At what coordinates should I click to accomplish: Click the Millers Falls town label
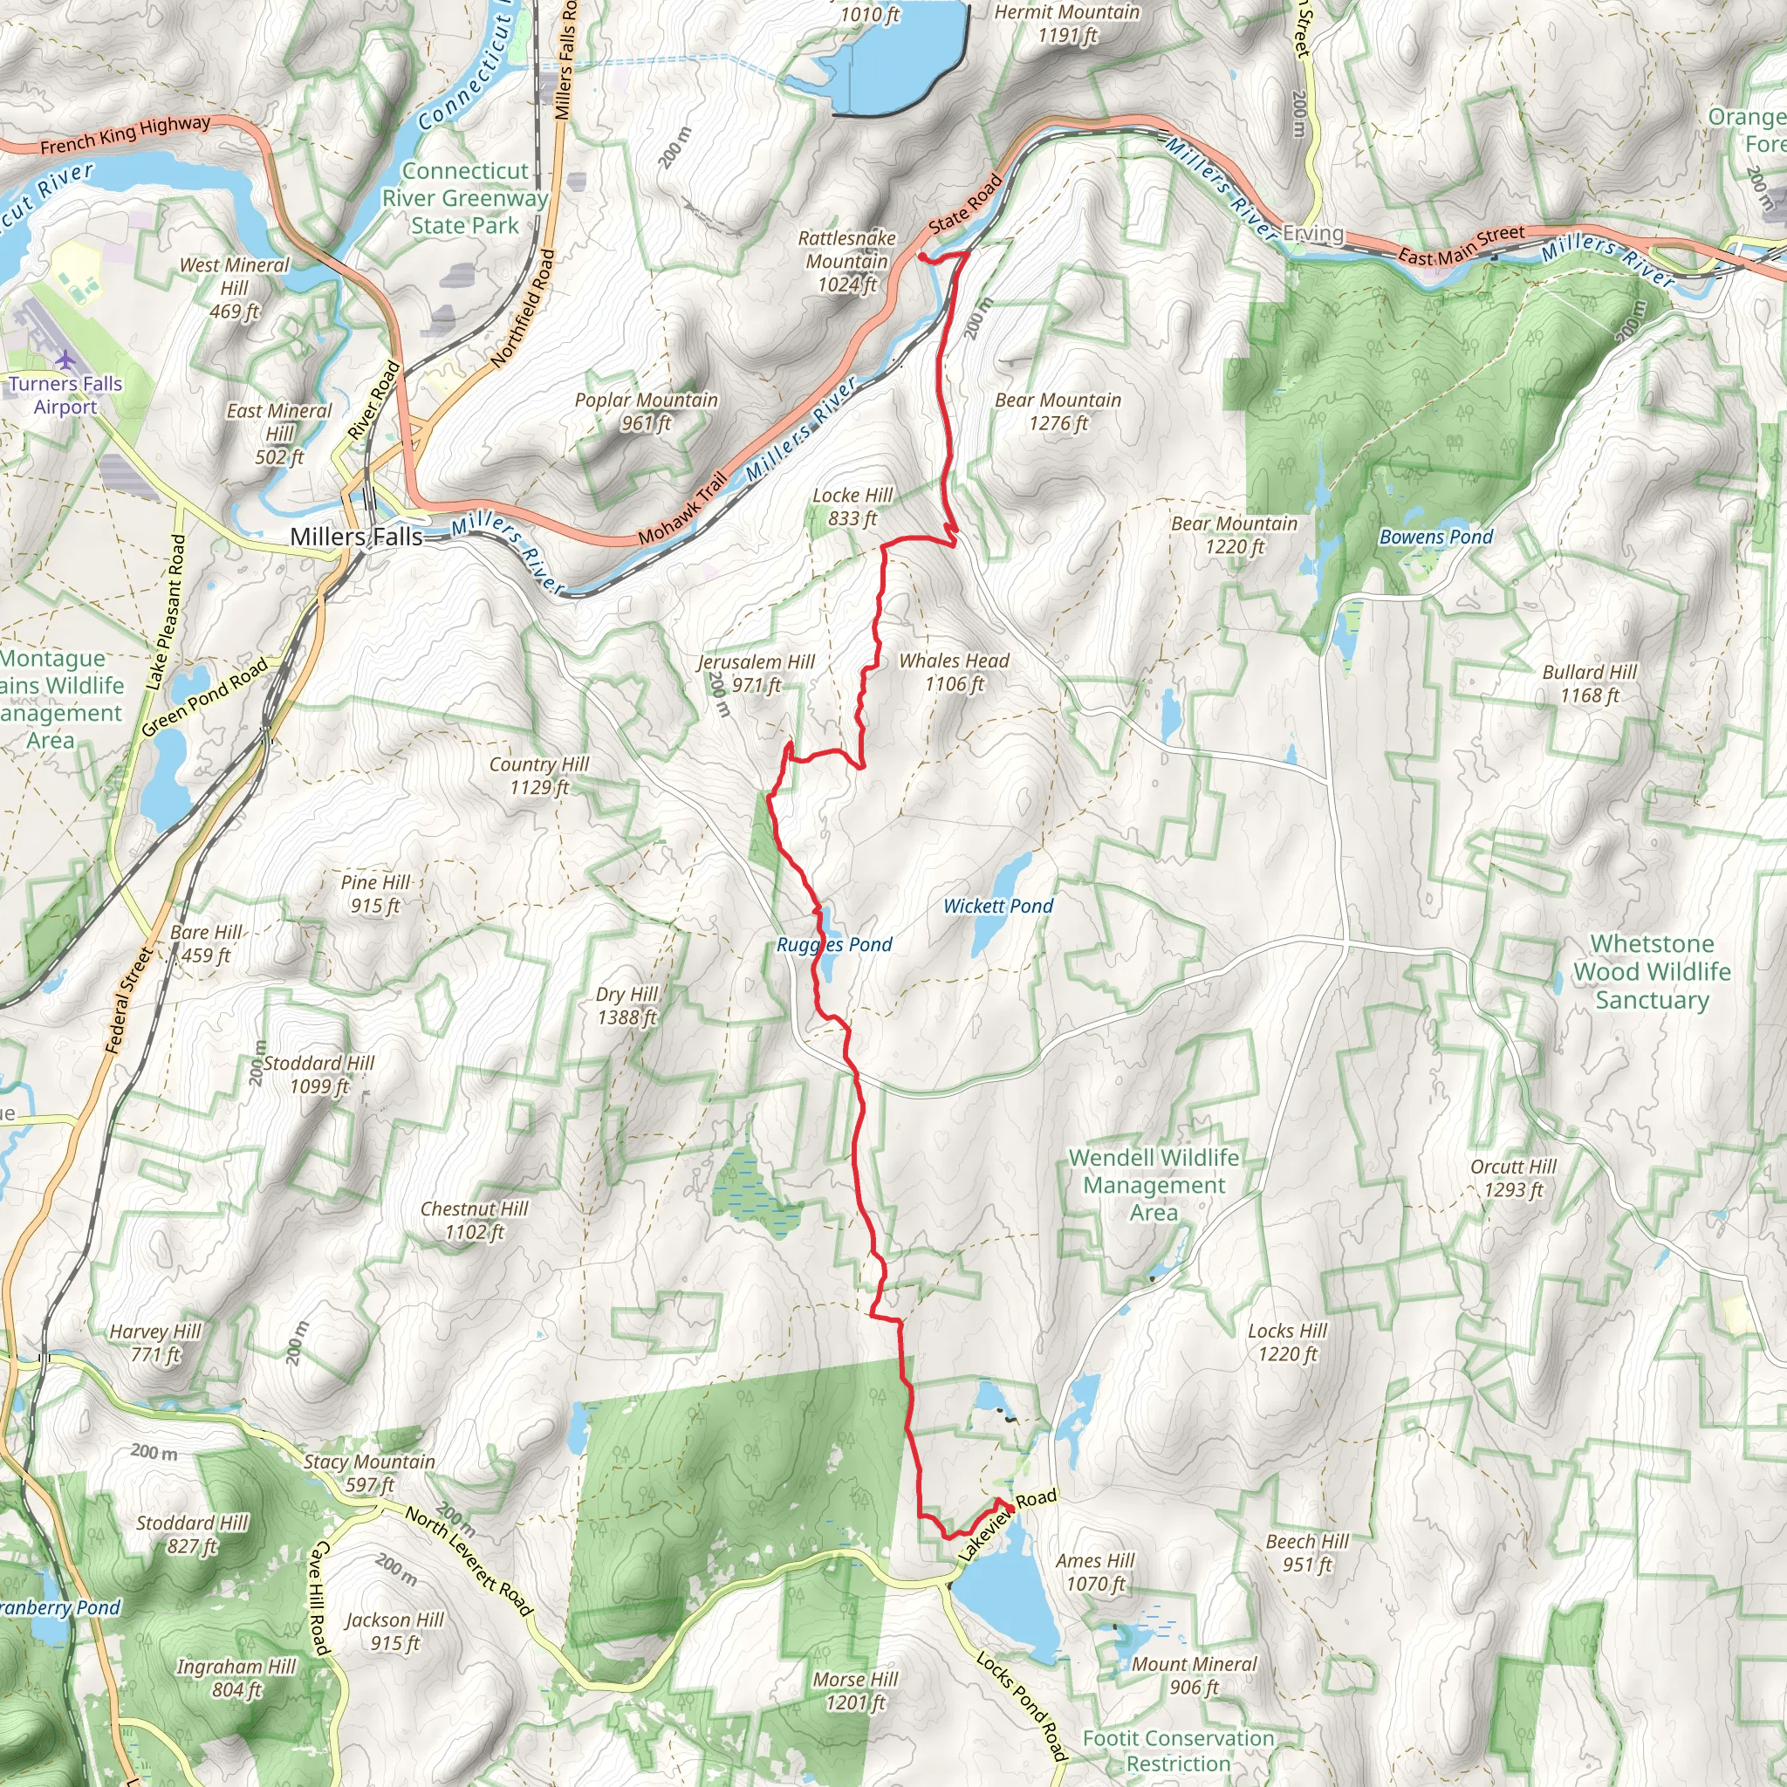coord(356,537)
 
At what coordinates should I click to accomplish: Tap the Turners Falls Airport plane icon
coord(65,359)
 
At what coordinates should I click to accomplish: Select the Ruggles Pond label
coord(834,944)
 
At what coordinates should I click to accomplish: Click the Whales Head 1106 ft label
coord(954,673)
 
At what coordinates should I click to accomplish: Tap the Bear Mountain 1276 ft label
coord(1058,412)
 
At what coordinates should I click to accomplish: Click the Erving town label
coord(1312,233)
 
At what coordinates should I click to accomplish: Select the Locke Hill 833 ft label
coord(852,507)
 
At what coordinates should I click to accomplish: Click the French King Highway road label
coord(125,135)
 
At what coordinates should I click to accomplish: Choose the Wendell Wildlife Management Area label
coord(1154,1185)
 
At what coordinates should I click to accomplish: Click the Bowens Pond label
coord(1435,537)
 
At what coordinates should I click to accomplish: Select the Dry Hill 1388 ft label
coord(626,1005)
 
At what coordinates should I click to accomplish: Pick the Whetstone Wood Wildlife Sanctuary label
coord(1652,971)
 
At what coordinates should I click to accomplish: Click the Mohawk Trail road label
coord(681,509)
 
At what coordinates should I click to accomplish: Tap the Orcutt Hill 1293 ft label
coord(1513,1177)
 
